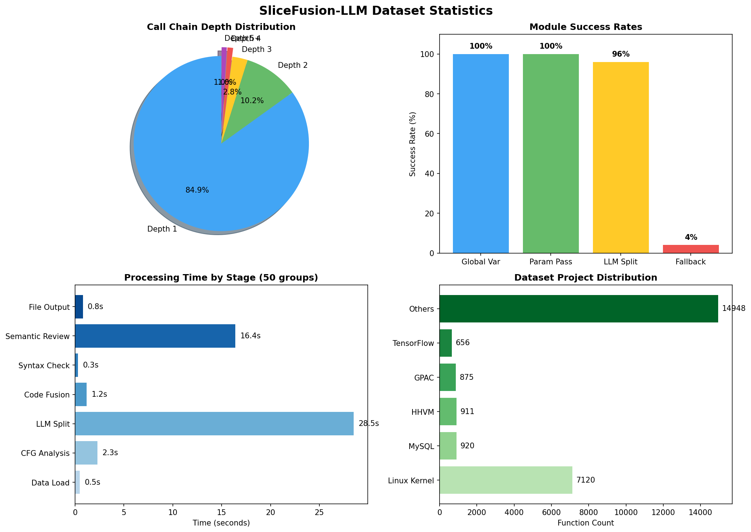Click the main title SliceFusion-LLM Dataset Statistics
[375, 11]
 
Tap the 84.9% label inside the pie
[197, 190]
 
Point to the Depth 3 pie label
[257, 49]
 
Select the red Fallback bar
[691, 249]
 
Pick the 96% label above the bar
[621, 54]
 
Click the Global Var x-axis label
[481, 262]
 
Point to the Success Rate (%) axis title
[413, 144]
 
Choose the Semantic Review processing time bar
[155, 336]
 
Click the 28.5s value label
[369, 423]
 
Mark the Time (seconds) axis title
[221, 523]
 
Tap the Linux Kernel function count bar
[506, 480]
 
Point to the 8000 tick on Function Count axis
[589, 512]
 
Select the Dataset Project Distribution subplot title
[585, 277]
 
